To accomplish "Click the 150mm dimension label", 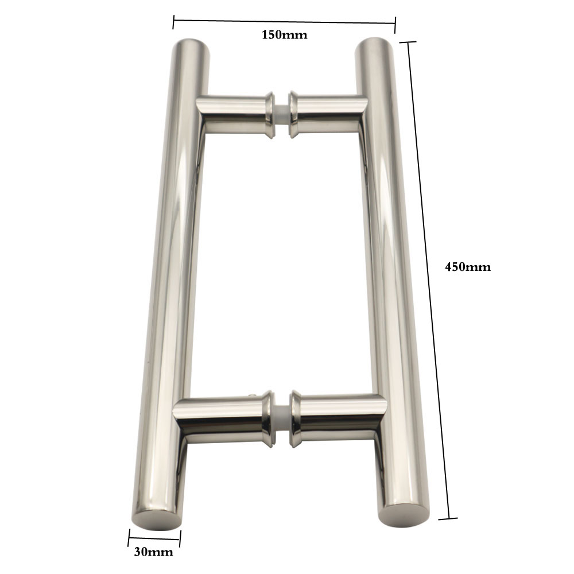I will [284, 34].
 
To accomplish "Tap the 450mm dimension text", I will [468, 267].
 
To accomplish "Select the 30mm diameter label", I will [153, 553].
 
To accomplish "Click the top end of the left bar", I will [192, 45].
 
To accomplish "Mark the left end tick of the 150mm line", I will [173, 22].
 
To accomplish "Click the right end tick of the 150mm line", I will [395, 24].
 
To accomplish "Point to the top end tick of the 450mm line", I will [408, 42].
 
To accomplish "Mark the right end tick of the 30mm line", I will [180, 538].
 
